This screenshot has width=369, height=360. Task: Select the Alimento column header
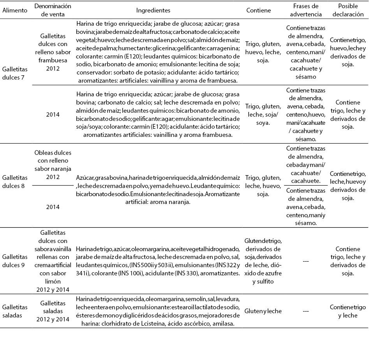pyautogui.click(x=15, y=11)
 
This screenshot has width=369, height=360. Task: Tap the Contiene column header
pyautogui.click(x=259, y=11)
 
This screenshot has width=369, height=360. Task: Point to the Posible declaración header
pyautogui.click(x=348, y=11)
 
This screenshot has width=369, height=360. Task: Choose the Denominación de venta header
pyautogui.click(x=53, y=11)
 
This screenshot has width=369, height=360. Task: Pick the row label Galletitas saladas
pyautogui.click(x=15, y=311)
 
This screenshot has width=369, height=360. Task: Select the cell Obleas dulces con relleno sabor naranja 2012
pyautogui.click(x=53, y=165)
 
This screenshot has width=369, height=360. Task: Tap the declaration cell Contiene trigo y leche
pyautogui.click(x=348, y=311)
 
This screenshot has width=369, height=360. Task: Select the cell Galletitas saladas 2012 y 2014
pyautogui.click(x=53, y=311)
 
